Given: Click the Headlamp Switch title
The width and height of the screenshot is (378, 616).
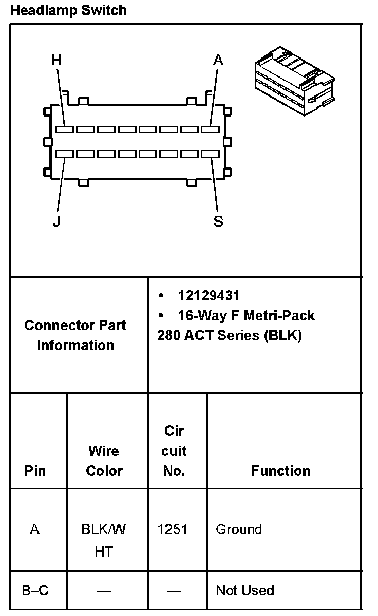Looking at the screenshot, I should (68, 10).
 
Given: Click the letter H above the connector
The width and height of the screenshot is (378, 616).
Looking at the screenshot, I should (56, 61).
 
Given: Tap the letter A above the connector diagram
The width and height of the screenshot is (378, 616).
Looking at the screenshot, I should (218, 61).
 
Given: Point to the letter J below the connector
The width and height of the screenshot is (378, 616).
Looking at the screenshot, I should (56, 222).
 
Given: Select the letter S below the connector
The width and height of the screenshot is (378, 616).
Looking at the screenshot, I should (218, 222).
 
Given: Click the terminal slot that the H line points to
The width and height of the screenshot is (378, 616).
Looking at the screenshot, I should (65, 130).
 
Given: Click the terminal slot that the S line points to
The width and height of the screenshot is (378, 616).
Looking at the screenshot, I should (210, 153).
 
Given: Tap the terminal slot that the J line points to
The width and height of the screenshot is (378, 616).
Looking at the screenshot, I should (65, 153).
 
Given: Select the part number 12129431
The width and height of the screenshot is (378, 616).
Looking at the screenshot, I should (209, 296).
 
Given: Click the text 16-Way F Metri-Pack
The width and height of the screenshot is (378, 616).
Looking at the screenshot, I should (246, 315).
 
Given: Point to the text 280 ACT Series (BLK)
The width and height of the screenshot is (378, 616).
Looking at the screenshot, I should (230, 335).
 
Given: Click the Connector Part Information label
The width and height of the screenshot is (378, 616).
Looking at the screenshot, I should (75, 335).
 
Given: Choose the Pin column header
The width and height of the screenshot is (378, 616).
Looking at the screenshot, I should (35, 471).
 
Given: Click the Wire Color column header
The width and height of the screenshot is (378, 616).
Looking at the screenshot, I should (104, 461).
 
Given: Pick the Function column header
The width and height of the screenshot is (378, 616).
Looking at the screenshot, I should (280, 471).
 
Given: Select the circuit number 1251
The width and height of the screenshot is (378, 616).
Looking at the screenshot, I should (173, 529).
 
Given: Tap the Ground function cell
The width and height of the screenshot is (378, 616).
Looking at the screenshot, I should (239, 529).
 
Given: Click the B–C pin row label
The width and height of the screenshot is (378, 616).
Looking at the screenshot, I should (35, 591).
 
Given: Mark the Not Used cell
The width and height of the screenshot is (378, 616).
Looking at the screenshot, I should (245, 591).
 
